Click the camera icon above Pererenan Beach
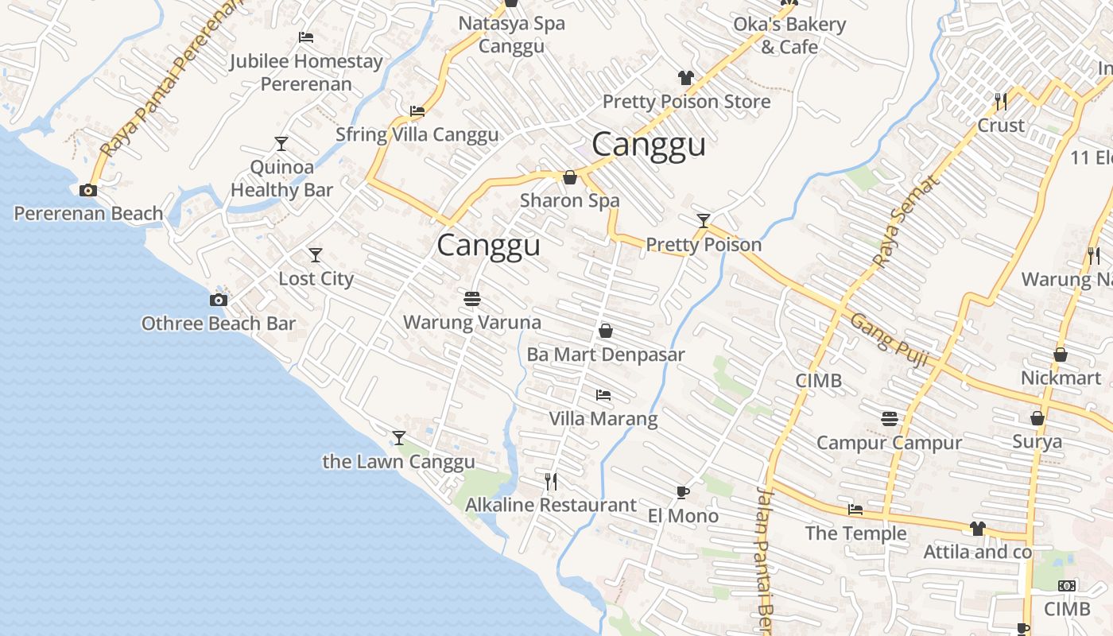click(x=88, y=190)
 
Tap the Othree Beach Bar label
click(x=218, y=324)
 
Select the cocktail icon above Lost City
click(x=316, y=255)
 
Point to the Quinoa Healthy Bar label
click(x=281, y=179)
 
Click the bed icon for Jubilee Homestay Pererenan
click(x=305, y=37)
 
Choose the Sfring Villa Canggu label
click(x=417, y=134)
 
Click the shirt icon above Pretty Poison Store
click(x=685, y=78)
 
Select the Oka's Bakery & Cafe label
click(x=789, y=36)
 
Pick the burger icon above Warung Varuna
click(x=472, y=299)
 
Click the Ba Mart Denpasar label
click(x=605, y=355)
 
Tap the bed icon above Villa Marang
click(x=603, y=394)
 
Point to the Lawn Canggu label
click(x=398, y=462)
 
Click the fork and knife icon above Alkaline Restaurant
click(x=550, y=481)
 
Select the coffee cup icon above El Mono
click(x=682, y=492)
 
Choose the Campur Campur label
click(x=889, y=443)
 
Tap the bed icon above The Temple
click(x=855, y=510)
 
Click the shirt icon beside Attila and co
click(x=977, y=529)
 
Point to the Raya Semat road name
click(x=906, y=222)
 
